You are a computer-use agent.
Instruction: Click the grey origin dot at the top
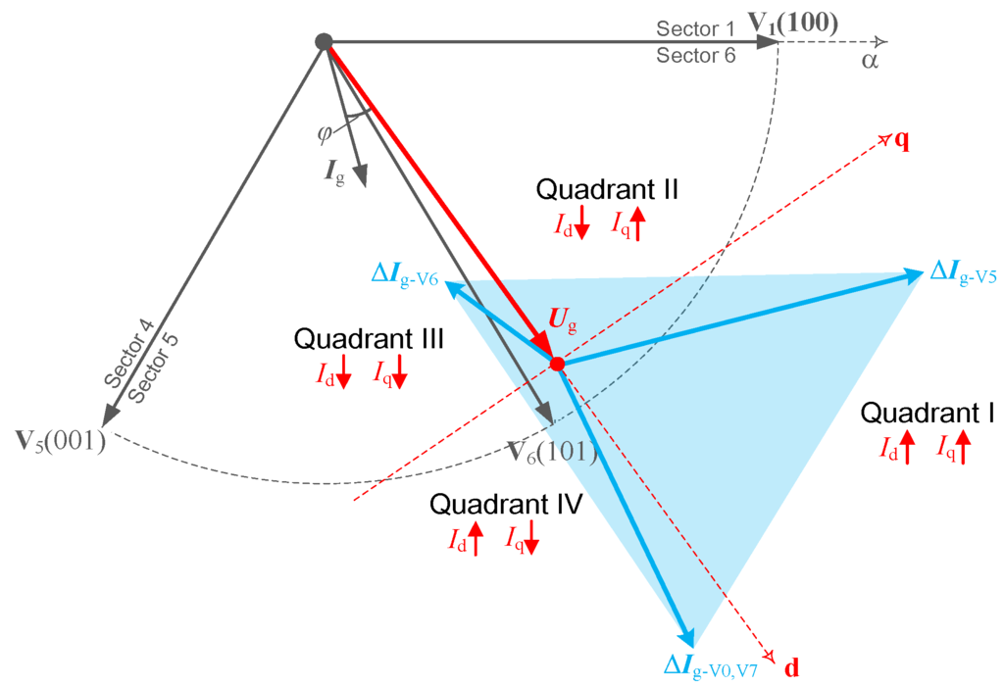coord(323,42)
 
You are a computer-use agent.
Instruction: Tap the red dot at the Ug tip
coord(557,364)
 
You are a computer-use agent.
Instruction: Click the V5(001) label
coord(61,440)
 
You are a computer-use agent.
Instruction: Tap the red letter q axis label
coord(901,139)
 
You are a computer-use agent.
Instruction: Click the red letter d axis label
coord(792,668)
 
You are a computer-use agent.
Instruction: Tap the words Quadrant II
coord(608,188)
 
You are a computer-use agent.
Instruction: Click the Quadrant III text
coord(370,339)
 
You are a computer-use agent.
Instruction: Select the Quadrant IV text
coord(508,505)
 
